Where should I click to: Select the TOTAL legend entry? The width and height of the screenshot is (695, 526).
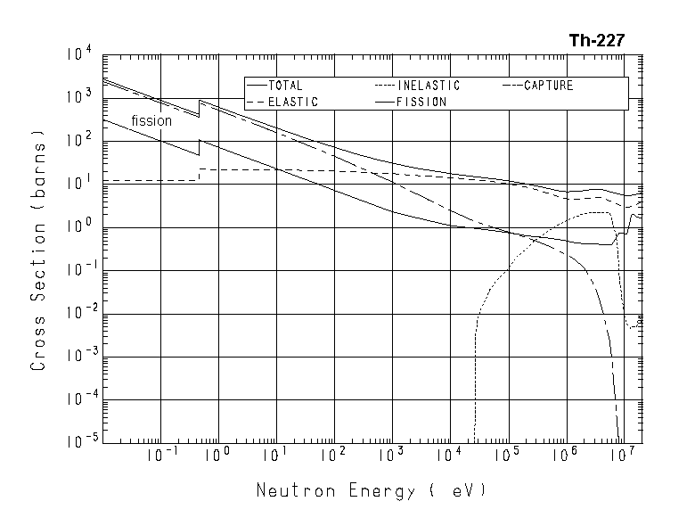[285, 86]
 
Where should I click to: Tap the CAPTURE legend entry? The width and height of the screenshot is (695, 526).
[548, 86]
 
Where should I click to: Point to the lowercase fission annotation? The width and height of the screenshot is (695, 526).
[151, 121]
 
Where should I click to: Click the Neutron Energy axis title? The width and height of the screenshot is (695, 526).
[372, 491]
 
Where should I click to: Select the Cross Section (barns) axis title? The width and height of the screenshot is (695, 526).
[39, 248]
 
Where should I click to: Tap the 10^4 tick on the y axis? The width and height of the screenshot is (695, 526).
[78, 55]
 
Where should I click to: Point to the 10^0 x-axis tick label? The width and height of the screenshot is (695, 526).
[218, 456]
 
